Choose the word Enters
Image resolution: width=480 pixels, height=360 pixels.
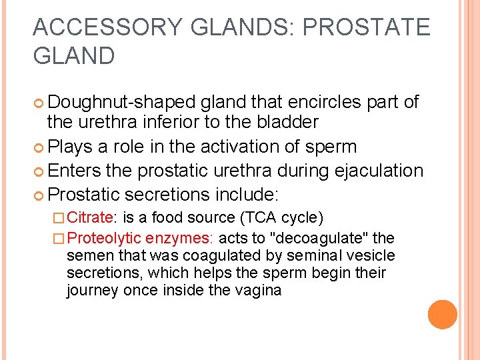point(75,171)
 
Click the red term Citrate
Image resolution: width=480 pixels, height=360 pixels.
point(91,217)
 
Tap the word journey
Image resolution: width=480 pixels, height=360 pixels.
point(90,291)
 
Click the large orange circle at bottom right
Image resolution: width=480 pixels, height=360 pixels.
point(442,315)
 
